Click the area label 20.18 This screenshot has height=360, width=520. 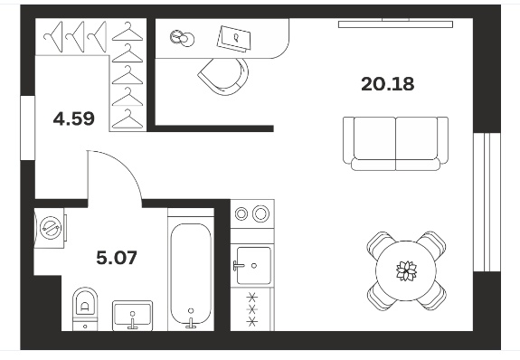pos(387,84)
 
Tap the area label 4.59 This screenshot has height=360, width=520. pos(73,118)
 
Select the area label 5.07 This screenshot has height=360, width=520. pos(117,258)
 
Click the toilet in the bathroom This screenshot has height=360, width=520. pos(85,308)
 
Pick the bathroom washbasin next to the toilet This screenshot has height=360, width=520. pos(133,316)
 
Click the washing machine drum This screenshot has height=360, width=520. pos(51,228)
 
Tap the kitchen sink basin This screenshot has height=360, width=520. pos(254,265)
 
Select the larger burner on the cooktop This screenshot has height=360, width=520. pos(261,213)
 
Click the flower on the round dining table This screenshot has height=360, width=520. pos(406,270)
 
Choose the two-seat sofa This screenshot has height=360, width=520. pos(395,143)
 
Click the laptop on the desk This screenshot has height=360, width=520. pos(234,39)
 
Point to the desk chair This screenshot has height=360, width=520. pos(224,76)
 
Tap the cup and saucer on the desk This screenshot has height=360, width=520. pos(182,37)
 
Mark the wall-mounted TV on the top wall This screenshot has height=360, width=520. pos(395,24)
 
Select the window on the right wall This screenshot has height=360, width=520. pos(487,203)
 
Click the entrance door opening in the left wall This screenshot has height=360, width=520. pos(28,128)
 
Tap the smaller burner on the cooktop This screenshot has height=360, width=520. pos(241,213)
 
